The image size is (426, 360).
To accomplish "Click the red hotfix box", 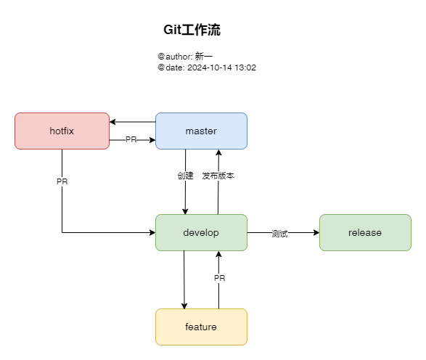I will click(x=62, y=131).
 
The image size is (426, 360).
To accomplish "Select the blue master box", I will click(x=201, y=131).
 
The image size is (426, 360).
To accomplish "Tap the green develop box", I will click(x=201, y=232).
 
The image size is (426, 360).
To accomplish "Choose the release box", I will click(x=365, y=232).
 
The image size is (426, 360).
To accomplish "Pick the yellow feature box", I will click(x=201, y=327).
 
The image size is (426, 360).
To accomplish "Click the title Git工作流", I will click(x=192, y=30).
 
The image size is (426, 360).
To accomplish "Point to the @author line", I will click(x=185, y=56).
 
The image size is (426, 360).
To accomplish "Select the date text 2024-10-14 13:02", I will click(x=221, y=67).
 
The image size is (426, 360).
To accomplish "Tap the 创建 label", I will click(x=185, y=176).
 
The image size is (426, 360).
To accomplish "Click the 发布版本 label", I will click(x=218, y=176).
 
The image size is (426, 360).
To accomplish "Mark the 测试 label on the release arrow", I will click(x=280, y=233).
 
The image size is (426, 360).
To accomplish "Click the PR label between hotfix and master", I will click(x=131, y=139).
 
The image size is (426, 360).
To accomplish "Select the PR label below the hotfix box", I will click(x=62, y=181).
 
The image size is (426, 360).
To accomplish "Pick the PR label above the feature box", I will click(x=219, y=278).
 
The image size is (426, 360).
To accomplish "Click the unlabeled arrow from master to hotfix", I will click(x=134, y=122).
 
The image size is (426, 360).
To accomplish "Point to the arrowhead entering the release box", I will click(x=316, y=232).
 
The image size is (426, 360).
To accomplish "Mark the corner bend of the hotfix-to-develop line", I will click(x=62, y=232).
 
